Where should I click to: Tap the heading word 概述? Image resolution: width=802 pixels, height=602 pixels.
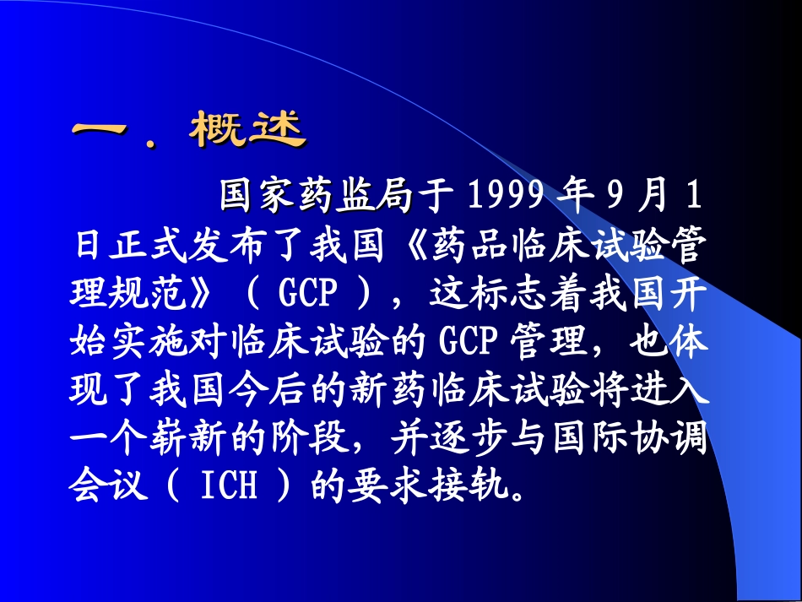point(247,132)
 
